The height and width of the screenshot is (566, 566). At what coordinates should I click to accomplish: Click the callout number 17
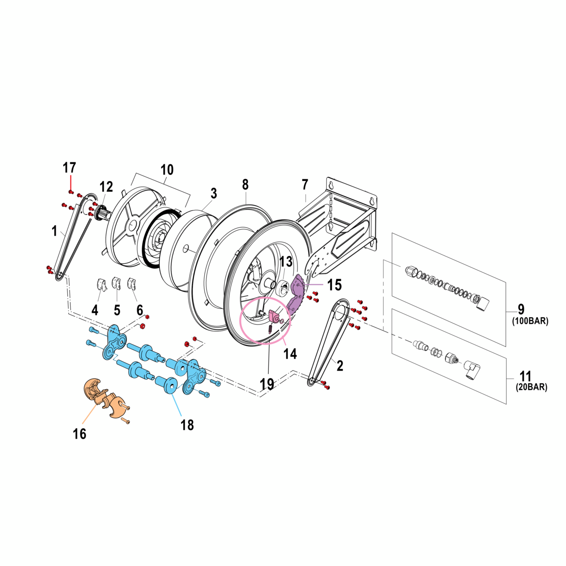point(69,168)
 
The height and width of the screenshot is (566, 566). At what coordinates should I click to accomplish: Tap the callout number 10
point(167,170)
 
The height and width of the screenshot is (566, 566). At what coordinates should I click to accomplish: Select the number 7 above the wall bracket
point(305,184)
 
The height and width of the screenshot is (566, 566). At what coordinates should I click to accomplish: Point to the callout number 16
point(80,434)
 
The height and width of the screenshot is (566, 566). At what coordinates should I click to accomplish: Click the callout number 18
point(187,425)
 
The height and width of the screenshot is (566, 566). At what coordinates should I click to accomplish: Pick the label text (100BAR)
point(530,321)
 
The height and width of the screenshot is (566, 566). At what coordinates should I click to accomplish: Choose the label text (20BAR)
point(532,387)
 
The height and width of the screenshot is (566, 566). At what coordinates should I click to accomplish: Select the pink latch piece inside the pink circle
point(273,317)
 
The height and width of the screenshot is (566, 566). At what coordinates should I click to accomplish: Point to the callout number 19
point(267,384)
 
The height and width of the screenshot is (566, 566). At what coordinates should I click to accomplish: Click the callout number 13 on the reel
point(286,261)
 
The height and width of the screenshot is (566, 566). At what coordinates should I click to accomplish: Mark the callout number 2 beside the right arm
point(340,365)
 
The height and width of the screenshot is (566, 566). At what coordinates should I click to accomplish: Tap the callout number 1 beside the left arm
point(54,230)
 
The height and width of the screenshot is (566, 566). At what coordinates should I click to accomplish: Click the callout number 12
point(106,187)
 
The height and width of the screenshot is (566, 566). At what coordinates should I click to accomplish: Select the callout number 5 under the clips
point(117,310)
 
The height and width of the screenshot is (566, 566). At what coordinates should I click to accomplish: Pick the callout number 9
point(521,309)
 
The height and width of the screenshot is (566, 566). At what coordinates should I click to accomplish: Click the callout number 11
point(525,376)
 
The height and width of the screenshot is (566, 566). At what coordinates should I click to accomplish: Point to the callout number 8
point(245,184)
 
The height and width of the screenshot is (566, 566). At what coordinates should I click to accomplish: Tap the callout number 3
point(214,193)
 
